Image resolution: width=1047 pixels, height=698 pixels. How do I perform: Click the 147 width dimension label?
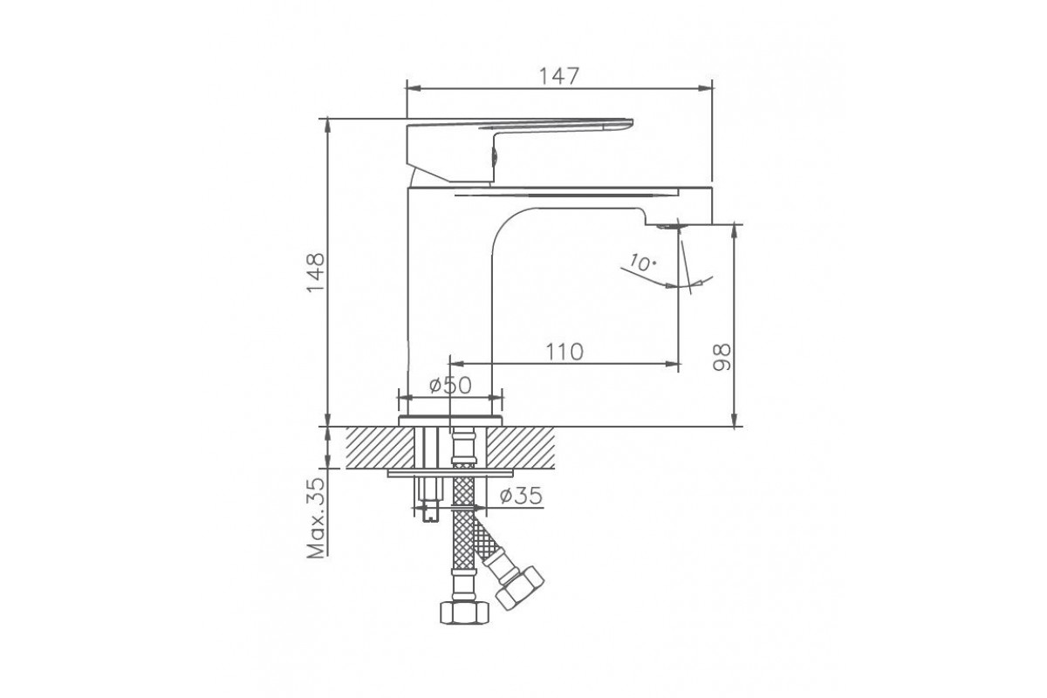pyautogui.click(x=559, y=76)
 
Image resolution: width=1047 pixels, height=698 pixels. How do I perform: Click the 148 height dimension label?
pyautogui.click(x=316, y=272)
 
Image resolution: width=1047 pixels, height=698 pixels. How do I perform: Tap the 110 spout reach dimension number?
pyautogui.click(x=565, y=352)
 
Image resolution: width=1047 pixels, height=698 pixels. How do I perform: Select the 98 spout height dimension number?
pyautogui.click(x=722, y=357)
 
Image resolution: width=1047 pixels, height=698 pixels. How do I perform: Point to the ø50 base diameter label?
pyautogui.click(x=450, y=386)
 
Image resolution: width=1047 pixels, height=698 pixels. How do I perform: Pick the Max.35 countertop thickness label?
pyautogui.click(x=316, y=517)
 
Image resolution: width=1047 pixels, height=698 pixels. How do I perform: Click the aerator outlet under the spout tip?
pyautogui.click(x=669, y=227)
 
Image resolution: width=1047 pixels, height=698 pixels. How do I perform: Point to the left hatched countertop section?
pyautogui.click(x=380, y=448)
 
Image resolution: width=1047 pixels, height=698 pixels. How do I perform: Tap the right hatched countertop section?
pyautogui.click(x=520, y=448)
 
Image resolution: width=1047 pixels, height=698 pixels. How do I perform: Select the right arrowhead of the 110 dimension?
pyautogui.click(x=673, y=364)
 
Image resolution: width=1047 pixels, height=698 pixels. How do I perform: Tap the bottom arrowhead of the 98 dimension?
pyautogui.click(x=735, y=420)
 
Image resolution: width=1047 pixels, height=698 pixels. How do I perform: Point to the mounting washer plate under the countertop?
pyautogui.click(x=450, y=474)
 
